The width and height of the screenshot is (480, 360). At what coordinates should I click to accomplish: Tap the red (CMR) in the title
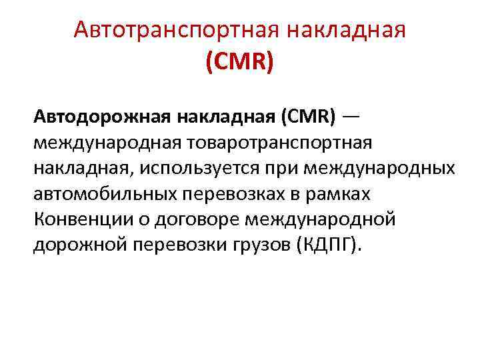pos(239,63)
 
